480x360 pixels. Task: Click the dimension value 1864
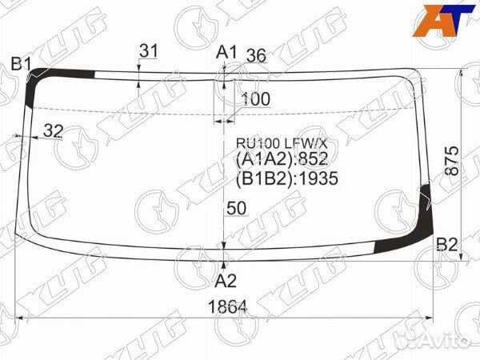point(227,306)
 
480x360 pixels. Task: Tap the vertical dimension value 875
point(452,161)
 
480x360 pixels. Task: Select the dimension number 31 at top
point(149,51)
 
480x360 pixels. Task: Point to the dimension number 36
point(256,56)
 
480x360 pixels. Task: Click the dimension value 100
point(256,99)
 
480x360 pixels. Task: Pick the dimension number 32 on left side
point(54,131)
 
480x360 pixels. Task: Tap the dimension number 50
point(237,209)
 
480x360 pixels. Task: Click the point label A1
point(226,52)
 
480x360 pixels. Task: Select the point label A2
point(226,281)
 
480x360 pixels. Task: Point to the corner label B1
point(21,64)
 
